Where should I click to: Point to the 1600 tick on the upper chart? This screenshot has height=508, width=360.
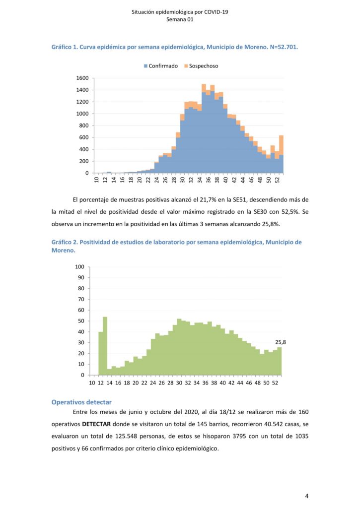(82, 78)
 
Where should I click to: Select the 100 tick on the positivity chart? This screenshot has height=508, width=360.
(79, 267)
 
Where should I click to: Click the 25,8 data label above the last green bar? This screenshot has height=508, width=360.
(281, 342)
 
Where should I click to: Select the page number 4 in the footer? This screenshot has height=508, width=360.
(307, 496)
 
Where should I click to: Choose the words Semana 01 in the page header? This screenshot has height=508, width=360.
(180, 20)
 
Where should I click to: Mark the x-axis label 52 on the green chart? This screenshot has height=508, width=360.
(275, 383)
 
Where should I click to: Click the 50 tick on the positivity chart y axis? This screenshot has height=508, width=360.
(81, 321)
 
